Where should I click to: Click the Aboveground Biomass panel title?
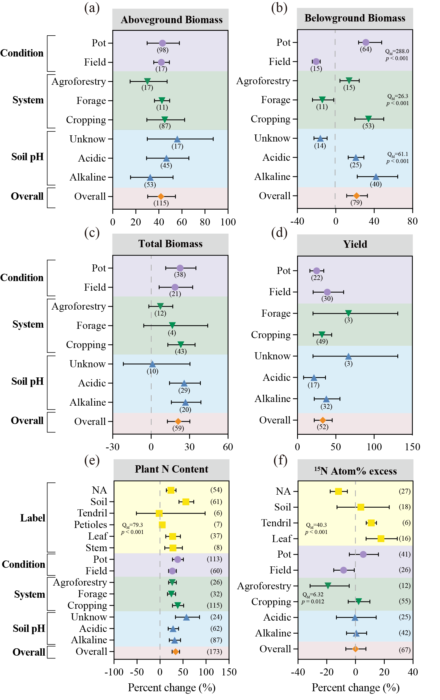(x=171, y=20)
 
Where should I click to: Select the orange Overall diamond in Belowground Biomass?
(x=356, y=196)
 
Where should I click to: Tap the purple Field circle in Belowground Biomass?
(x=316, y=62)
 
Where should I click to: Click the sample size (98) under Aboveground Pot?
(x=162, y=50)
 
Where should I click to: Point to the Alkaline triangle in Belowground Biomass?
(x=376, y=177)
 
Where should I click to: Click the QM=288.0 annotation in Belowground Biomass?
(x=397, y=51)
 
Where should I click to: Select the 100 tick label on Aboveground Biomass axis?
(x=228, y=222)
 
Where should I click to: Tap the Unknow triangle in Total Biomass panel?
(x=152, y=364)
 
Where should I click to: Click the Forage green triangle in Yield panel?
(x=348, y=313)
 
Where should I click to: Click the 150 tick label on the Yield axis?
(x=412, y=447)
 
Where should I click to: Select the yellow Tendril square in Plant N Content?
(x=159, y=513)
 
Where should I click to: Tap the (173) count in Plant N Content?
(x=214, y=652)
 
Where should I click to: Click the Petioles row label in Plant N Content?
(x=91, y=525)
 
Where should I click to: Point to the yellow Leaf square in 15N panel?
(x=381, y=539)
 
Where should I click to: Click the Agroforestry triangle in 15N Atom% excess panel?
(x=328, y=586)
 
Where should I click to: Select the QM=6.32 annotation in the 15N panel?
(x=313, y=595)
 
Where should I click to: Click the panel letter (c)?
(x=92, y=232)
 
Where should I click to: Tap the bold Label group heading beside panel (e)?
(x=32, y=518)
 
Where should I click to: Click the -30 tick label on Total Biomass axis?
(x=112, y=447)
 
